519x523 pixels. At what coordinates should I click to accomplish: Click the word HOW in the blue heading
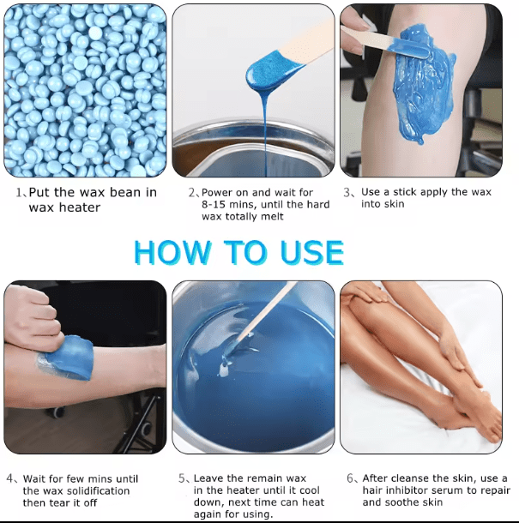click(x=172, y=252)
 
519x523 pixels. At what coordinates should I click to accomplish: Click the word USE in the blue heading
click(x=311, y=252)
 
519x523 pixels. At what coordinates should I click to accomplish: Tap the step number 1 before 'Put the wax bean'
click(x=20, y=192)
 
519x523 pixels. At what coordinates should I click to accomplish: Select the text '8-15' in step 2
click(x=213, y=204)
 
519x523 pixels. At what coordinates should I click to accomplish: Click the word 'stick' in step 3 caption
click(x=405, y=192)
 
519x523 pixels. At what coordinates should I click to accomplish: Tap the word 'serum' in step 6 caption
click(x=447, y=490)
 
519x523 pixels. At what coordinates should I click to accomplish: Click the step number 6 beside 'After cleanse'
click(x=350, y=478)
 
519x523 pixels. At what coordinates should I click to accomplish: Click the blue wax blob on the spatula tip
click(x=270, y=73)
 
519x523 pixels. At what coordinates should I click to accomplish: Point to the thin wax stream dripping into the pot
click(x=265, y=134)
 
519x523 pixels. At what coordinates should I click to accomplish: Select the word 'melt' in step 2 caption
click(x=272, y=216)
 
